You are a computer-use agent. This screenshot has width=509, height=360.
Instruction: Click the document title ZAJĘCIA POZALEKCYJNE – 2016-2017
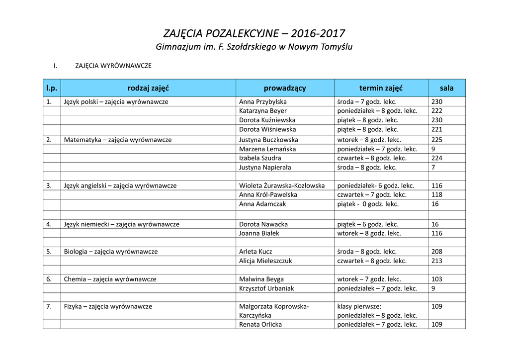point(254,34)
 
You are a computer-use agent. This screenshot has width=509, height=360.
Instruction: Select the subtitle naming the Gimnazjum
point(254,47)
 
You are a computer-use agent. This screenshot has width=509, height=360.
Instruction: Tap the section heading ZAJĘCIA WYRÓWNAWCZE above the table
point(113,66)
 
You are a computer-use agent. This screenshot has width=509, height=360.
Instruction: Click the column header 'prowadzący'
point(285,88)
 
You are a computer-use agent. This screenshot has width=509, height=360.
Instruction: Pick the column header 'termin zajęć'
point(381,88)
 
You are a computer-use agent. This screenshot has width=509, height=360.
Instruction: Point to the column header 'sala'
point(446,88)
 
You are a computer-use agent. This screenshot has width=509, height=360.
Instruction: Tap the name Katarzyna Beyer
point(263,111)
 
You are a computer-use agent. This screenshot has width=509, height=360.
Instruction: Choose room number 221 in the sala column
point(437,129)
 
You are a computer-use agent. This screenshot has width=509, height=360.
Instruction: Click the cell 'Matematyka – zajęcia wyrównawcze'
point(118,140)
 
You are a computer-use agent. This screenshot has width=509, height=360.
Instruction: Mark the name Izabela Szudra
point(260,158)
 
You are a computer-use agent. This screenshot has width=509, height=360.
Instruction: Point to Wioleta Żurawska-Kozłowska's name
point(282,185)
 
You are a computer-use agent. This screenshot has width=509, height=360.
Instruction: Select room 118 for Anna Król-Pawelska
point(437,195)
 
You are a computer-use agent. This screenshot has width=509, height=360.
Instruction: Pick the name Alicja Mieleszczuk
point(265,261)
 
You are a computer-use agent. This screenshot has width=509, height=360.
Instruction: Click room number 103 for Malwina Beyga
point(437,279)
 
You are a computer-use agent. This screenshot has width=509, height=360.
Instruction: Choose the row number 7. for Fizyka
point(49,306)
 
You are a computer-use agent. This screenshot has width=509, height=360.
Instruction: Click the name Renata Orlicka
point(260,325)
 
